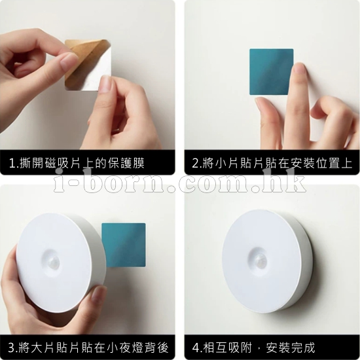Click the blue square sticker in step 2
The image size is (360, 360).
click(272, 71)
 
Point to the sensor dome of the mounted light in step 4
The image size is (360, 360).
click(259, 261)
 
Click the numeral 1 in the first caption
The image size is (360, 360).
click(12, 163)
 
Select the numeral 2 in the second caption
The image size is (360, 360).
click(196, 163)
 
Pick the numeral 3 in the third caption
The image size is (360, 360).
click(12, 348)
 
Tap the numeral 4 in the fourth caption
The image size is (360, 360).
click(196, 348)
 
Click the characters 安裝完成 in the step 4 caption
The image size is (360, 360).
click(290, 348)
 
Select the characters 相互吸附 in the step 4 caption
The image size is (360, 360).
click(227, 348)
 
